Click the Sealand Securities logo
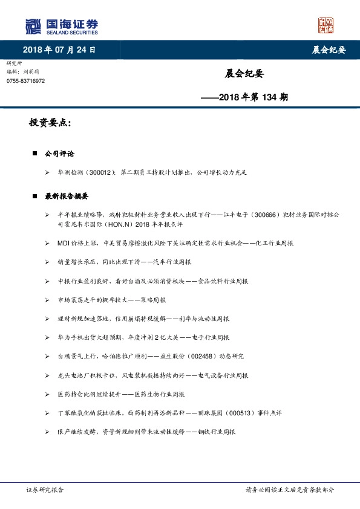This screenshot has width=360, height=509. coord(62,26)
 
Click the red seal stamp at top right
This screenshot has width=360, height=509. coord(326,25)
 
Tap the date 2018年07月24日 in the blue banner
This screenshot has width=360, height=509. coord(59,50)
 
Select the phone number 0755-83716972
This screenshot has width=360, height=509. coord(26,81)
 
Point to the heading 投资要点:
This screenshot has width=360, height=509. coord(50,123)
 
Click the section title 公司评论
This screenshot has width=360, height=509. coord(59,154)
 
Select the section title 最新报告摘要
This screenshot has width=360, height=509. coord(67,196)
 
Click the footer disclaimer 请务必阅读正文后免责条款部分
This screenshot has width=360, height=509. coord(289,490)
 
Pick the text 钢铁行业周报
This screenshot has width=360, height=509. coord(215,432)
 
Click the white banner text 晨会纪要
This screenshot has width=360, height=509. coord(332,50)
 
